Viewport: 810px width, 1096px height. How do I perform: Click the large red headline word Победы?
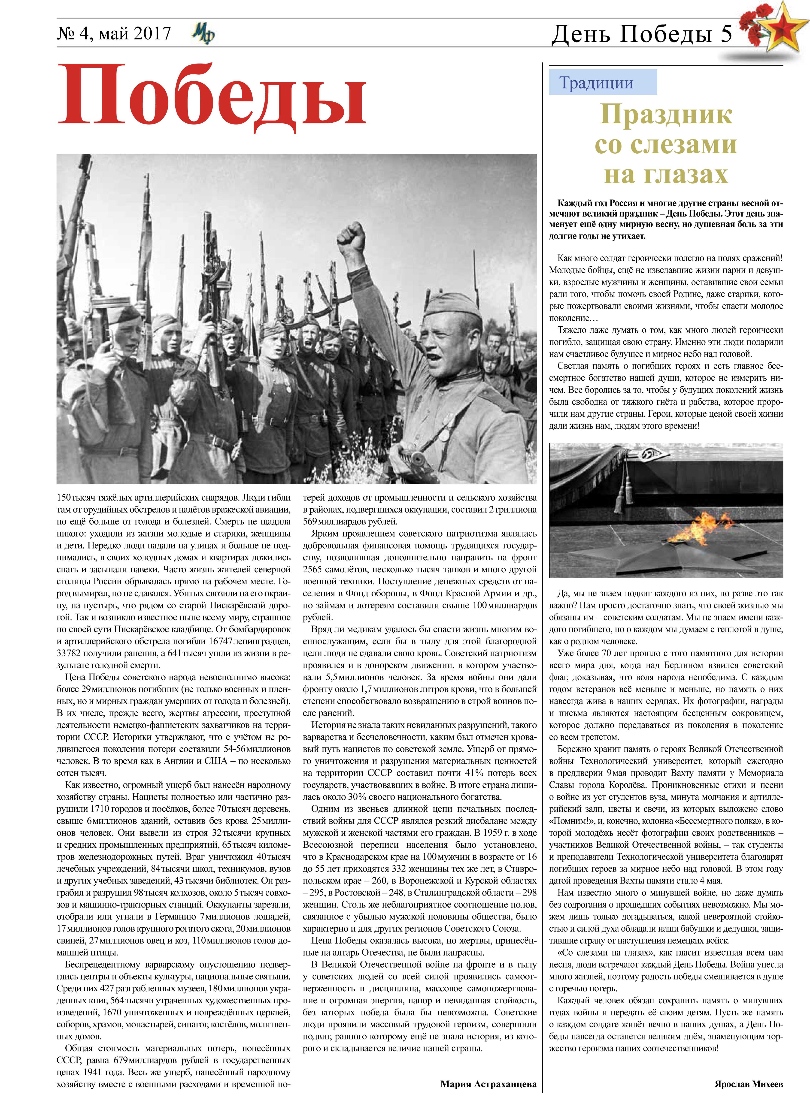click(212, 96)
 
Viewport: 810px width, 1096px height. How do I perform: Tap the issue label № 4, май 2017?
click(114, 33)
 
